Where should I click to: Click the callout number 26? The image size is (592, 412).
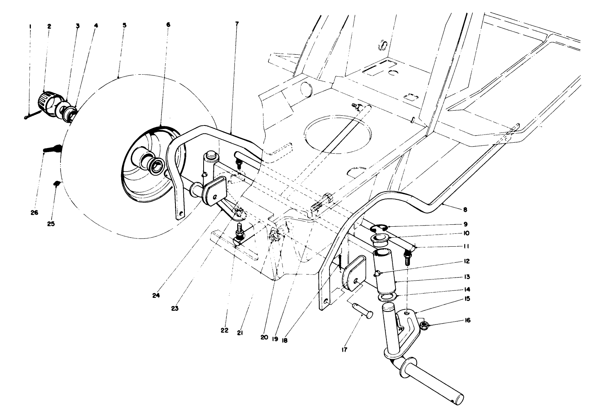click(x=34, y=213)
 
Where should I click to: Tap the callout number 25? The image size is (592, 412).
click(x=51, y=224)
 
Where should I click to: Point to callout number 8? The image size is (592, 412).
click(x=465, y=210)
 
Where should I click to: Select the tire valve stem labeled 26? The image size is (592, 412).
click(x=51, y=149)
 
